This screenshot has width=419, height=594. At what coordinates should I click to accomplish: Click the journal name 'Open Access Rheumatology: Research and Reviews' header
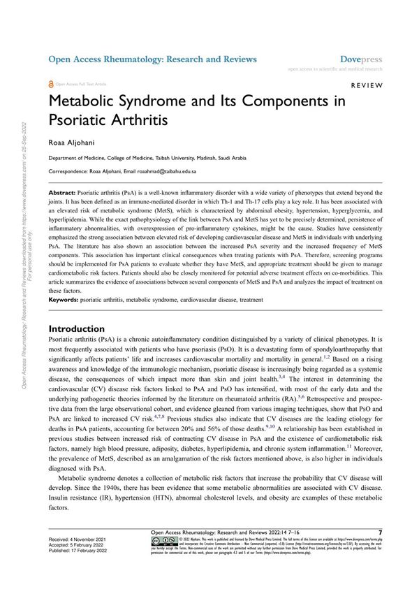pyautogui.click(x=152, y=59)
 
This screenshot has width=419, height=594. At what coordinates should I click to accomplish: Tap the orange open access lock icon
pyautogui.click(x=50, y=83)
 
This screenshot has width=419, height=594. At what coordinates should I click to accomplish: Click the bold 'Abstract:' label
pyautogui.click(x=68, y=191)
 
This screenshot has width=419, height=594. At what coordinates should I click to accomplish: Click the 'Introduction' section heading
pyautogui.click(x=77, y=328)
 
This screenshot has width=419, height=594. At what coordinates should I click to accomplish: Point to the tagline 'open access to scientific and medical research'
pyautogui.click(x=335, y=69)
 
